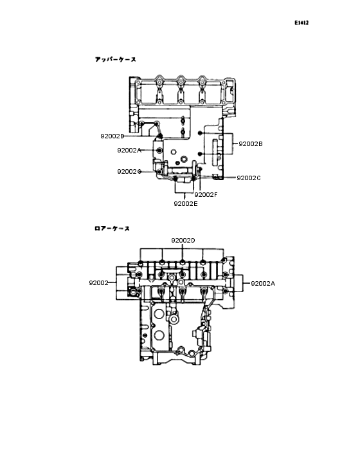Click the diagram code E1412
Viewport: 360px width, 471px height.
pyautogui.click(x=301, y=23)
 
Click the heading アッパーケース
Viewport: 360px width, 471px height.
pyautogui.click(x=115, y=59)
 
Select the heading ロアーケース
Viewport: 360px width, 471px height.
pyautogui.click(x=112, y=228)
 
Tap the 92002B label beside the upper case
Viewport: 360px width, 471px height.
pyautogui.click(x=251, y=144)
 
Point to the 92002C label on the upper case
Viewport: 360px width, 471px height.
pyautogui.click(x=249, y=178)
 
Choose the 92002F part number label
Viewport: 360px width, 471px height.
pyautogui.click(x=206, y=194)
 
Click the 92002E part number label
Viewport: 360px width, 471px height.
pyautogui.click(x=185, y=203)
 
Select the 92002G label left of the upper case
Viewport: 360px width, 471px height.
pyautogui.click(x=129, y=172)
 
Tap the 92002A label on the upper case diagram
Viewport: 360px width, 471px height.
pyautogui.click(x=129, y=150)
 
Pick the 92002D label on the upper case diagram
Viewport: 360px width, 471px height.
pyautogui.click(x=112, y=136)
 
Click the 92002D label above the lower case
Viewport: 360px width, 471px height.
pyautogui.click(x=183, y=240)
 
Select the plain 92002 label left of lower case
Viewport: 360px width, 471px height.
pyautogui.click(x=98, y=283)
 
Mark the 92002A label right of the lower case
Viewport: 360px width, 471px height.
pyautogui.click(x=262, y=283)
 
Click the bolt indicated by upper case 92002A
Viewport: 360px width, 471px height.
pyautogui.click(x=159, y=150)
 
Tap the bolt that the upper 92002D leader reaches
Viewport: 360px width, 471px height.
pyautogui.click(x=159, y=136)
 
